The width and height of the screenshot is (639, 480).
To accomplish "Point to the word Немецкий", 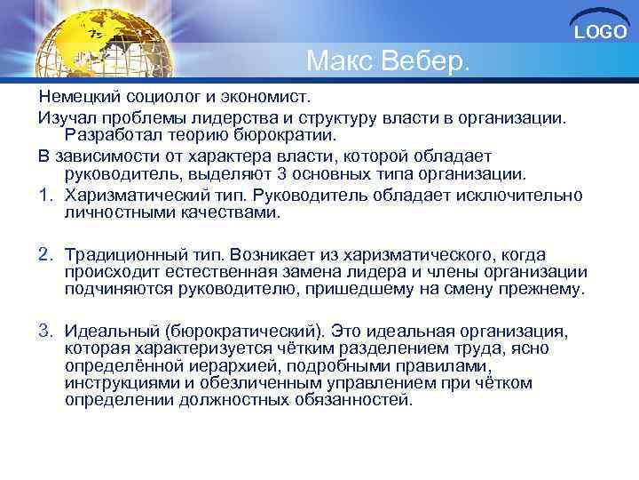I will [x=79, y=95].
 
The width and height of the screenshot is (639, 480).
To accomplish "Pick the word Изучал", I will [x=65, y=116].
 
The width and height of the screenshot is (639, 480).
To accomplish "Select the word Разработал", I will [x=114, y=135].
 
